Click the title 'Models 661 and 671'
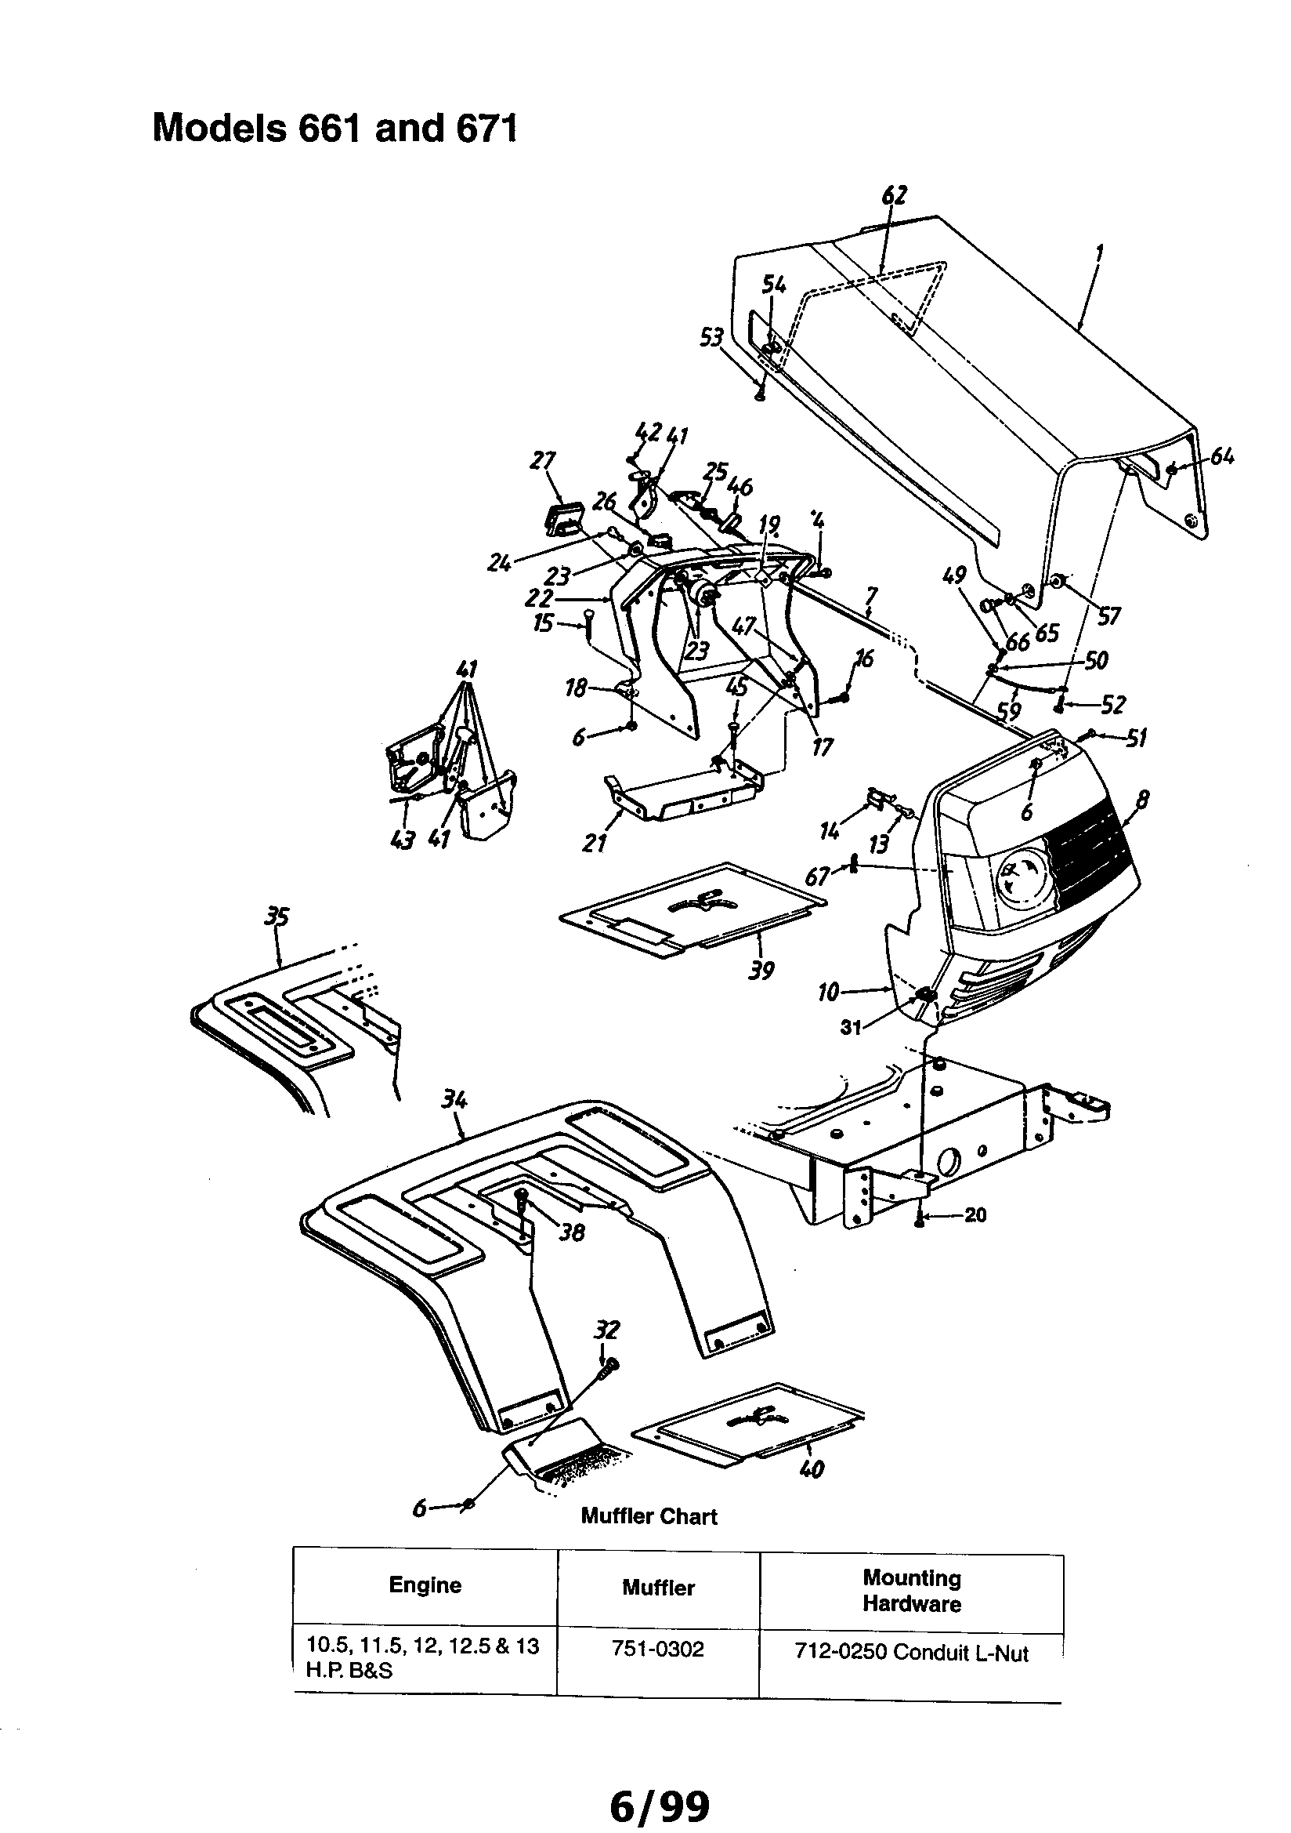(x=335, y=128)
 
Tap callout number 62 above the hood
(x=895, y=195)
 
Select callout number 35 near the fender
(x=276, y=917)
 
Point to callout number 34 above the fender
(x=454, y=1100)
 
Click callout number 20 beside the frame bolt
(x=975, y=1215)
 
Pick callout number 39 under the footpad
(x=761, y=971)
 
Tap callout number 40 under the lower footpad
(x=812, y=1469)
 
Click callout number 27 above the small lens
(x=543, y=462)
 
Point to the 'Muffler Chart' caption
(x=649, y=1516)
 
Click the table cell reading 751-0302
(x=657, y=1650)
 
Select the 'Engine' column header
(x=425, y=1584)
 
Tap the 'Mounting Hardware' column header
(x=911, y=1590)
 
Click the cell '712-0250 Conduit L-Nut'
(x=911, y=1653)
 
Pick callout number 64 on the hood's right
(x=1221, y=456)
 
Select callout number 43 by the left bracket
(x=403, y=840)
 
